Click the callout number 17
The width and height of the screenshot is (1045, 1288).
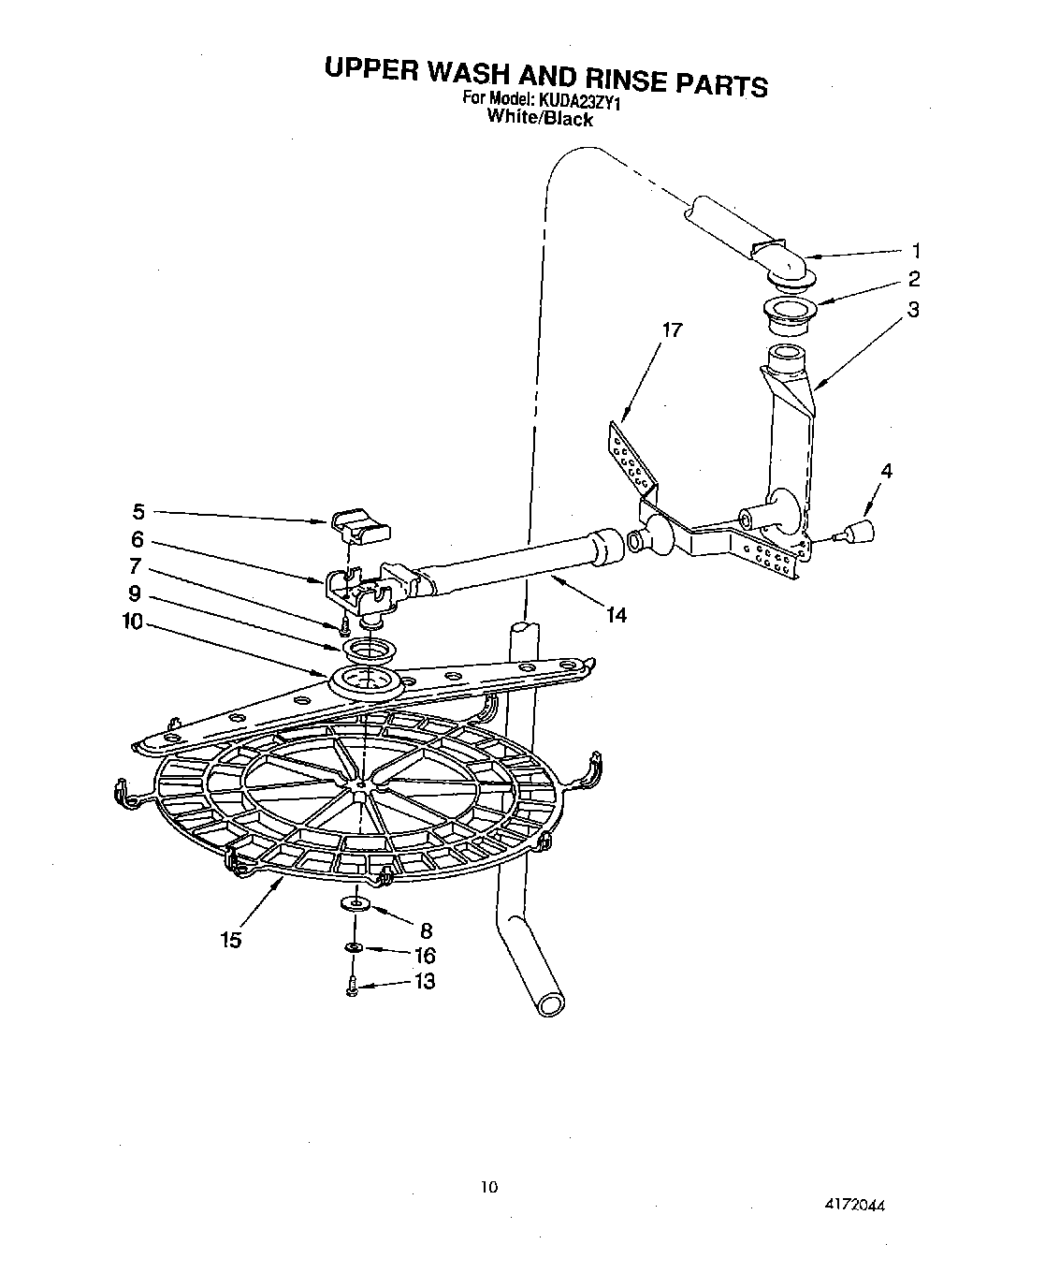point(671,329)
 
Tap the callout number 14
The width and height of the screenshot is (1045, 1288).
point(616,614)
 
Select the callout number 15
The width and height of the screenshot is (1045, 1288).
point(231,940)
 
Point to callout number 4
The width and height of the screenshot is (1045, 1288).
point(886,472)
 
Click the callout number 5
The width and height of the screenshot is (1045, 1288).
point(138,511)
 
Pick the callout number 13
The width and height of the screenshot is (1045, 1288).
point(424,982)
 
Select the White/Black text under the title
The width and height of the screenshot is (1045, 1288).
point(541,119)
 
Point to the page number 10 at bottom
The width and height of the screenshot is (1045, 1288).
point(488,1187)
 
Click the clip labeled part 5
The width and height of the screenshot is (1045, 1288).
point(360,526)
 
